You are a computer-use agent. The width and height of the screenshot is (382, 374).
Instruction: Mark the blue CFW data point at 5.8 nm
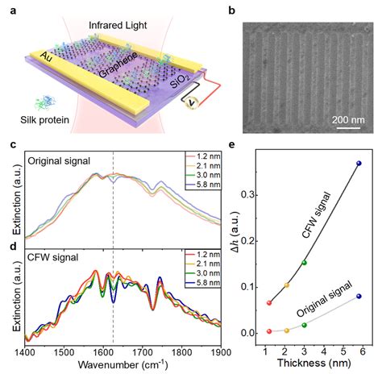coord(359,164)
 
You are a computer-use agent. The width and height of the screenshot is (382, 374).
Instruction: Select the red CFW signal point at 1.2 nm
coord(269,303)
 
